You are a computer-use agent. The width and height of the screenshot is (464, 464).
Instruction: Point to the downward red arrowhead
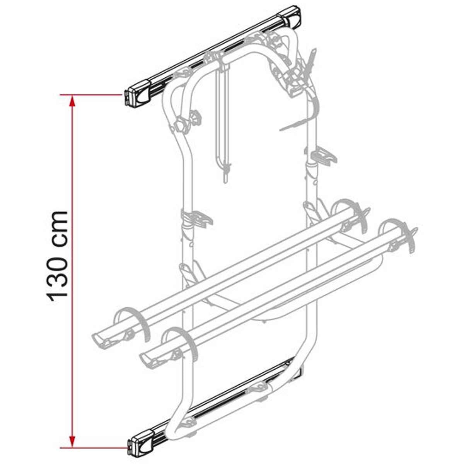pyautogui.click(x=72, y=441)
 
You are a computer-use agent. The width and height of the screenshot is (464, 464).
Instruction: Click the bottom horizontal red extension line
pyautogui.click(x=93, y=448)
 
